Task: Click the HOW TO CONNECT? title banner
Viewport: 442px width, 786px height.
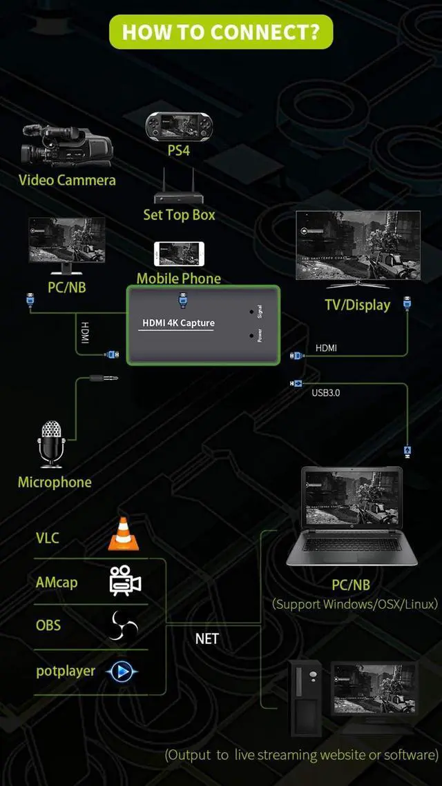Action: [x=221, y=32]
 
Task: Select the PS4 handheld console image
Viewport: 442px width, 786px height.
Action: [x=178, y=126]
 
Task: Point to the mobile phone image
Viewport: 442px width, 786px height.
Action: [x=178, y=254]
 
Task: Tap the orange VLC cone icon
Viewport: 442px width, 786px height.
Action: [x=124, y=534]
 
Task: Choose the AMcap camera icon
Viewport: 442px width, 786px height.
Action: [x=125, y=581]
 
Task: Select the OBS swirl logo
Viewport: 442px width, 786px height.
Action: [x=124, y=625]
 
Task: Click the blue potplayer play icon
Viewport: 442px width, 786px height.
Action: [x=122, y=670]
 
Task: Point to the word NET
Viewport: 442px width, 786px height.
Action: [x=206, y=638]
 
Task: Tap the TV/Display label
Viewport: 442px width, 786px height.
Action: [x=357, y=305]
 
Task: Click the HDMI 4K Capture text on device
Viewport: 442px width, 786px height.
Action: [x=178, y=323]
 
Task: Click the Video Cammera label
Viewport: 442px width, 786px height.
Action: [x=67, y=181]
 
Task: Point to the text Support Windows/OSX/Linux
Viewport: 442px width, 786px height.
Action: [x=355, y=604]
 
